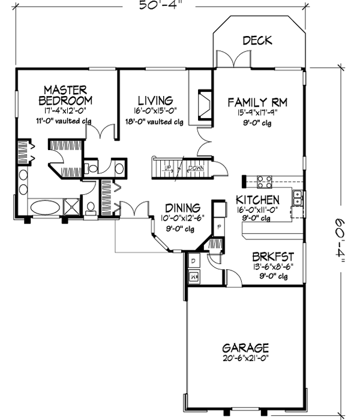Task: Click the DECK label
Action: pyautogui.click(x=257, y=41)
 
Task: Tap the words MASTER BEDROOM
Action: pyautogui.click(x=66, y=94)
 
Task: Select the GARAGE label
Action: pyautogui.click(x=245, y=348)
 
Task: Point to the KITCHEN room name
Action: pyautogui.click(x=257, y=200)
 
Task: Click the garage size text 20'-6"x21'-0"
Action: pyautogui.click(x=245, y=358)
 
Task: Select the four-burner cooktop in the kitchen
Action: pyautogui.click(x=265, y=181)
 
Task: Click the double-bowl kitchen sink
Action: pyautogui.click(x=297, y=199)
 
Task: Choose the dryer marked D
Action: pyautogui.click(x=193, y=262)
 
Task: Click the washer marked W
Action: pyautogui.click(x=193, y=277)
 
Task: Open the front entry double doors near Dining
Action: pyautogui.click(x=133, y=211)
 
